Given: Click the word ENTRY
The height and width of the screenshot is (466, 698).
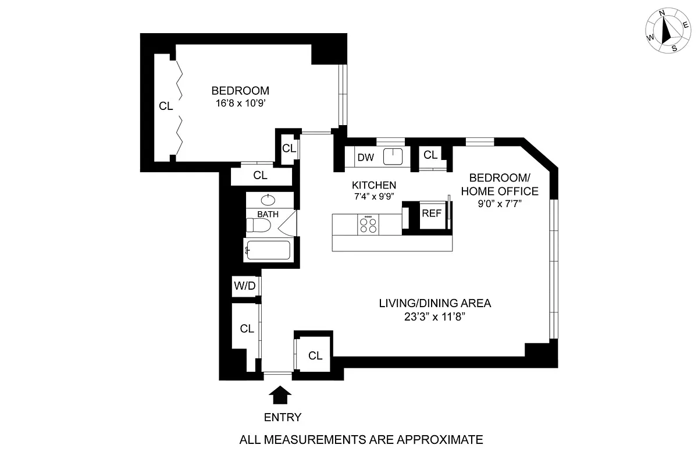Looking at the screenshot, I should tap(283, 417).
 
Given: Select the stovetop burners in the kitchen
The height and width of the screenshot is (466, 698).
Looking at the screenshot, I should tap(368, 225).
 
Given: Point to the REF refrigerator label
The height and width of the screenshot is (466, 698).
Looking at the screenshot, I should tap(432, 214).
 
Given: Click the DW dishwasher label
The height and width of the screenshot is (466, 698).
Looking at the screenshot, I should tap(365, 158).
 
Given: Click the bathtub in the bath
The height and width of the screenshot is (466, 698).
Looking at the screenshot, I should tap(267, 251).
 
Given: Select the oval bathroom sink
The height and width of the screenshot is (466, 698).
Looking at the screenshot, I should tap(268, 201).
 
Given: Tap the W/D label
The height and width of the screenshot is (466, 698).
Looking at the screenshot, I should tap(244, 286).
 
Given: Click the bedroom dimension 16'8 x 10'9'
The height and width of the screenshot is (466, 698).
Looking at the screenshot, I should tap(240, 103).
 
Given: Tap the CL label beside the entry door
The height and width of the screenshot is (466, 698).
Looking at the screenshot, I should tap(315, 355).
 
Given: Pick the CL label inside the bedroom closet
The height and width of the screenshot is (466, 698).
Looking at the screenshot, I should tap(166, 106).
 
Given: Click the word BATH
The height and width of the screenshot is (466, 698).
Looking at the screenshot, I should tap(268, 214).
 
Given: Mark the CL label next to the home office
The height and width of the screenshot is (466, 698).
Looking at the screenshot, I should tap(430, 155).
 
